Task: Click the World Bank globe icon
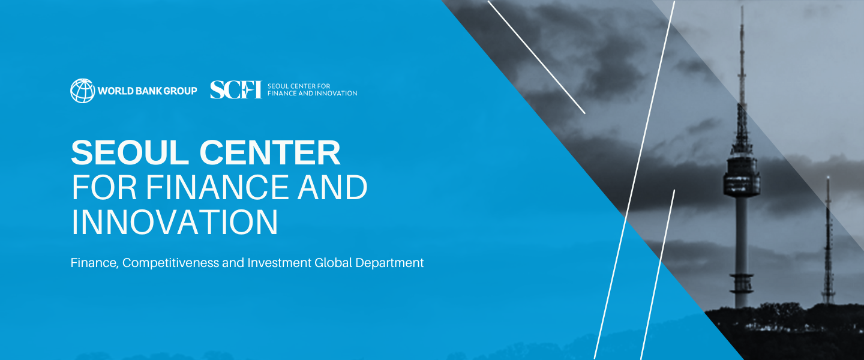coord(83,91)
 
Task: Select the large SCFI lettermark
coord(236,89)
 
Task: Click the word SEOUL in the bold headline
coord(130,153)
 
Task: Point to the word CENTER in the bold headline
coord(269,153)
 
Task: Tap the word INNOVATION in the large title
coord(175,222)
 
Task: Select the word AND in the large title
coord(332,188)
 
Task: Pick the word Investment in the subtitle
coord(279,263)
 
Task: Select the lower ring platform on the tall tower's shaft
coord(742,284)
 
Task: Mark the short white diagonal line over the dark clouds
coord(536,57)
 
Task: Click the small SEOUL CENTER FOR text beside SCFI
coord(299,86)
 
